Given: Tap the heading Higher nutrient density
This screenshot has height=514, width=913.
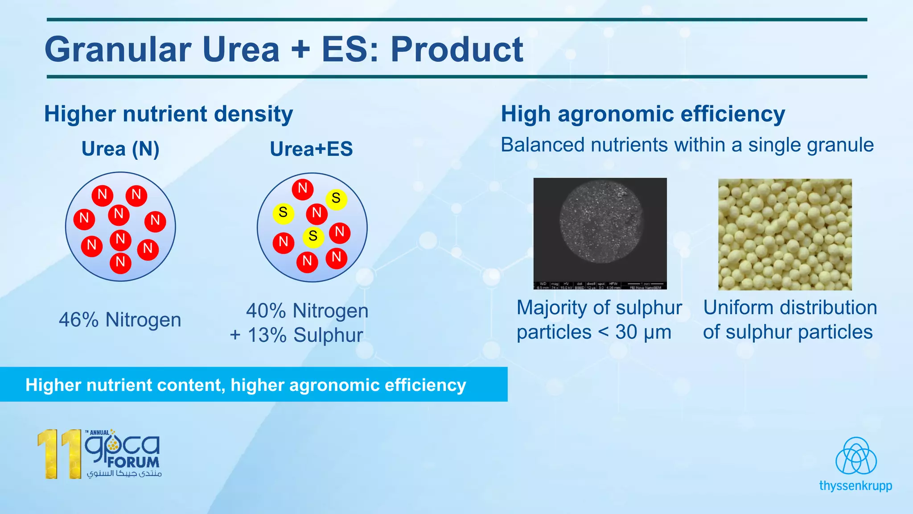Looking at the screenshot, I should click(x=169, y=114).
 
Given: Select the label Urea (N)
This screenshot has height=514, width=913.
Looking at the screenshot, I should click(x=120, y=149).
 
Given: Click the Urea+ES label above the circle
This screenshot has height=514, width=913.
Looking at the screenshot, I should click(x=311, y=149).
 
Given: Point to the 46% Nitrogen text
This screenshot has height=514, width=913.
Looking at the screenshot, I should click(x=120, y=320).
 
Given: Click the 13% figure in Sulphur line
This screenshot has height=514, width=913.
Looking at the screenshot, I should click(x=267, y=336).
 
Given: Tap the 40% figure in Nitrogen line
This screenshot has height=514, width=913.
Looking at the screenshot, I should click(x=266, y=311).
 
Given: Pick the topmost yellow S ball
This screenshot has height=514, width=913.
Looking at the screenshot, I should click(x=336, y=198).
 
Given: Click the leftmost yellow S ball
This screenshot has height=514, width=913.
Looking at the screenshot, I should click(x=283, y=213).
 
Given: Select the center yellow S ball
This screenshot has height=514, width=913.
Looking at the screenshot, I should click(x=313, y=236).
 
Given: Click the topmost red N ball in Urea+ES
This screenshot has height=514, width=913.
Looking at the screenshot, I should click(x=303, y=188).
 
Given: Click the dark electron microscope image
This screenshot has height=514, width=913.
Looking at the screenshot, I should click(x=600, y=233).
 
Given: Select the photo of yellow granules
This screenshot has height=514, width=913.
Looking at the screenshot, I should click(x=785, y=234).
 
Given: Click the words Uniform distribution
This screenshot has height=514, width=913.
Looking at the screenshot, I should click(x=790, y=308).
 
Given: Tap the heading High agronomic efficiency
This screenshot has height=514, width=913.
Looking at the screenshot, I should click(x=643, y=114).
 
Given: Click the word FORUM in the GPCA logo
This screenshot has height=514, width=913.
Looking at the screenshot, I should click(x=133, y=462).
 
